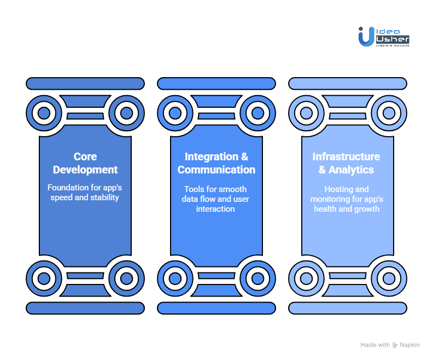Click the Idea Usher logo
click(x=383, y=37)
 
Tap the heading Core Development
click(x=85, y=163)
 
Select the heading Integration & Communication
click(x=216, y=163)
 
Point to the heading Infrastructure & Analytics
click(x=346, y=163)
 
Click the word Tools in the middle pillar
click(x=194, y=189)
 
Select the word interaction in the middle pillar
click(x=215, y=209)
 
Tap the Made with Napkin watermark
click(x=390, y=345)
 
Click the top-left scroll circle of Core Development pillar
click(x=44, y=114)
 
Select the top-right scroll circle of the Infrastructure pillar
click(x=389, y=114)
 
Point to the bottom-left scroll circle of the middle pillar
click(x=175, y=278)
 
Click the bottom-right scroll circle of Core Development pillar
click(x=126, y=278)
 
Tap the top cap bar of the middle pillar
click(x=216, y=84)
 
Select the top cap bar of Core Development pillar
click(x=85, y=84)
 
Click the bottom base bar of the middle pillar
click(x=216, y=309)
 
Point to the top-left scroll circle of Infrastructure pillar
click(x=306, y=114)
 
